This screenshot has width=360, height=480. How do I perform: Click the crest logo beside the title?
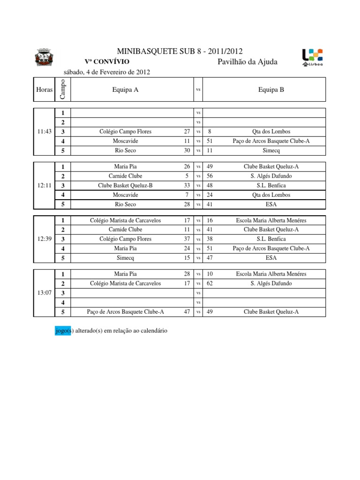pos(45,58)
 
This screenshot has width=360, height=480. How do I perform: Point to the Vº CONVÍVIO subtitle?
pos(104,62)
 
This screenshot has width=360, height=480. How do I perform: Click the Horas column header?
pos(44,90)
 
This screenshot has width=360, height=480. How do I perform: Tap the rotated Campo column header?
pos(62,89)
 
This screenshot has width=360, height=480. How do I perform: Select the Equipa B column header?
pos(271,90)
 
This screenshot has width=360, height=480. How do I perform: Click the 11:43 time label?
pos(44,132)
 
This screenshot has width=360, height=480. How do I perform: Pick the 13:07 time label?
pos(44,292)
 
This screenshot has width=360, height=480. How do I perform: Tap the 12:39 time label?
pos(44,239)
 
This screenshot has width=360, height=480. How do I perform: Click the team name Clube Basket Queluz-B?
pos(125,185)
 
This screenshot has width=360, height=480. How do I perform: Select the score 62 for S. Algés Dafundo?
pos(210,283)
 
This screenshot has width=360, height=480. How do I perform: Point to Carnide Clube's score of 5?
pos(187,176)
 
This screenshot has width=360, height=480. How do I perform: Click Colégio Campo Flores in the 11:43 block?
pos(125,132)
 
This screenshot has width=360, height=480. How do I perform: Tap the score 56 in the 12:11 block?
pos(210,176)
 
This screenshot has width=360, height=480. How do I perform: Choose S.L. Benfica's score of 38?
pos(210,239)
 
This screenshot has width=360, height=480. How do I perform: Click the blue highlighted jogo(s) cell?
pos(62,331)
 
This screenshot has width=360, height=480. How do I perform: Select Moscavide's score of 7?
pos(187,195)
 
